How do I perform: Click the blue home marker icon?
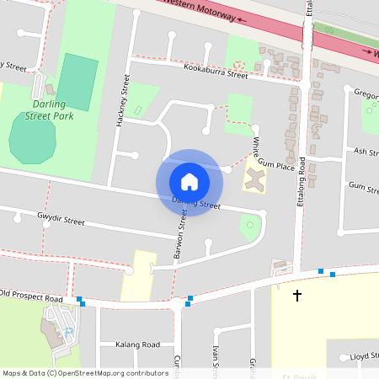[x=189, y=181]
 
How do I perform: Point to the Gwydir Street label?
[x=61, y=221]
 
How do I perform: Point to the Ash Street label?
[x=366, y=152]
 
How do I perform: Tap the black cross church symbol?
[x=296, y=296]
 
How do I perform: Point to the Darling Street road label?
[x=196, y=203]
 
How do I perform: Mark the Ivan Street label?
[x=216, y=357]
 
